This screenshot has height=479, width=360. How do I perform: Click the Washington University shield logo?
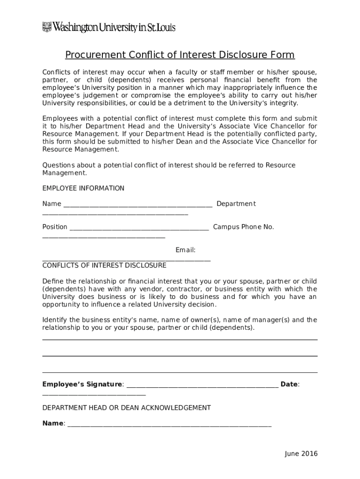47,27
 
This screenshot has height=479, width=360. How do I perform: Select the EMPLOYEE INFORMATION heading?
83,189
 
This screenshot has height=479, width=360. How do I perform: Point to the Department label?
236,204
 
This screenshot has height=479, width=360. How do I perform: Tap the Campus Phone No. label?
244,227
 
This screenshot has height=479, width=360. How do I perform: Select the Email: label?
186,250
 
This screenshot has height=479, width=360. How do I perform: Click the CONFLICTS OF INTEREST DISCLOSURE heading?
104,266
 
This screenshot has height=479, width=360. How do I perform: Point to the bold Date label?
289,385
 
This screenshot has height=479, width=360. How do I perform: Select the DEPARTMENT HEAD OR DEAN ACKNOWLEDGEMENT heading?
126,408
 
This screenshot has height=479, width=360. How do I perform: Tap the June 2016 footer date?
301,454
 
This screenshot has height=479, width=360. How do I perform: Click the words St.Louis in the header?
162,28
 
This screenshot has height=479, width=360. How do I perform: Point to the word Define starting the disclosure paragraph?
53,282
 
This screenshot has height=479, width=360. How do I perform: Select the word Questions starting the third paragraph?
58,165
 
